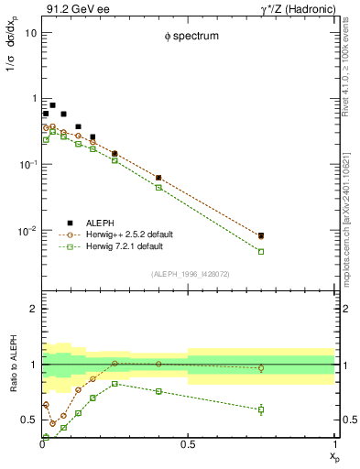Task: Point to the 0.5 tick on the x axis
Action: pyautogui.click(x=189, y=445)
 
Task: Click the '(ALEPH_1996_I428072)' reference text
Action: pyautogui.click(x=189, y=274)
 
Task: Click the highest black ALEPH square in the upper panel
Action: pyautogui.click(x=53, y=105)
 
